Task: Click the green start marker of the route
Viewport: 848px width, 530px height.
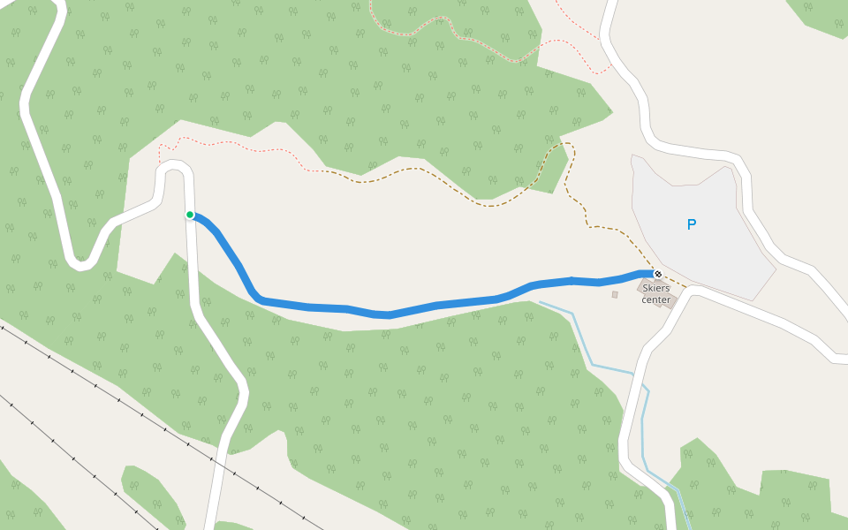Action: (190, 215)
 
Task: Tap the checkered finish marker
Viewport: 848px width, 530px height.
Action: (657, 274)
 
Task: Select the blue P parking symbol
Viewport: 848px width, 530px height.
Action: (692, 224)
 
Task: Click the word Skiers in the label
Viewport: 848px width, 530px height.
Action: (656, 288)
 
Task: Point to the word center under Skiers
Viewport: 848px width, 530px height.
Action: (656, 299)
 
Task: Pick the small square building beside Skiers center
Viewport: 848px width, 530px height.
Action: (615, 294)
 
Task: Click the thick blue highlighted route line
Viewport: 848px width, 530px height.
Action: (389, 314)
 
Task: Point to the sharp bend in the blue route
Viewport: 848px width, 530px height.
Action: (257, 298)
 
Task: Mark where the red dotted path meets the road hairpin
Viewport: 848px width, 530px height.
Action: (161, 163)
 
